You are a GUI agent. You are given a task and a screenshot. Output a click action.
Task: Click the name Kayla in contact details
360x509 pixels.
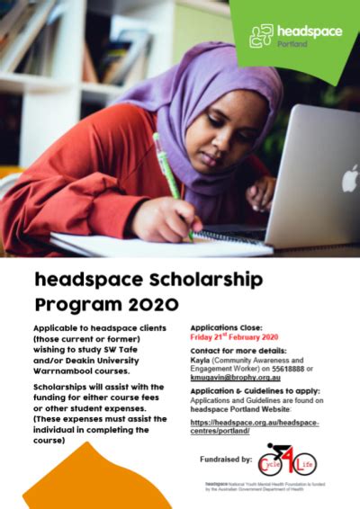pyautogui.click(x=201, y=357)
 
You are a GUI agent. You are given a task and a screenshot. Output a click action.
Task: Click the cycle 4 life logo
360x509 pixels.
pyautogui.click(x=287, y=461)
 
